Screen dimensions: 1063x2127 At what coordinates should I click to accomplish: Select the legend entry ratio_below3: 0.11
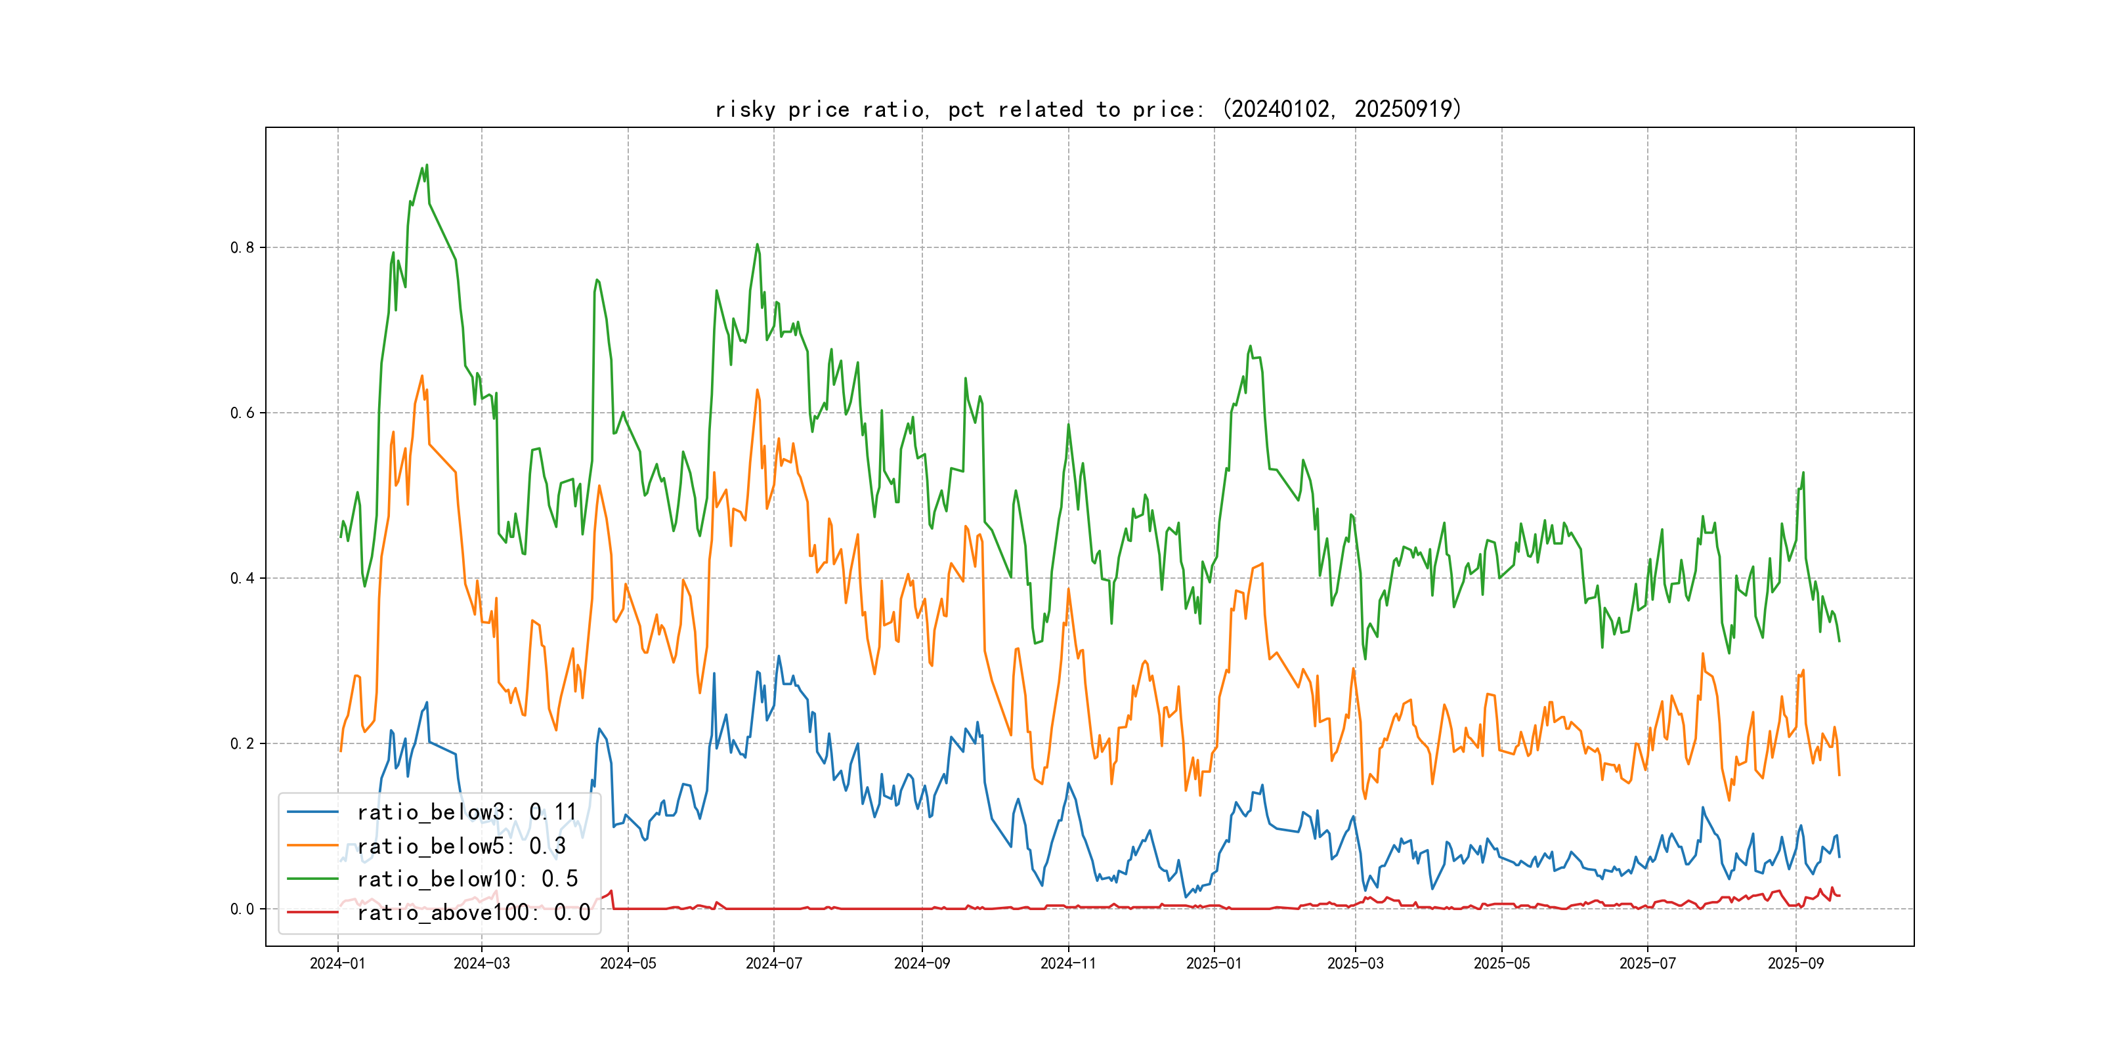tap(467, 812)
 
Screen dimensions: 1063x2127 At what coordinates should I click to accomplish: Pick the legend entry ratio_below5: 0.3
tap(461, 846)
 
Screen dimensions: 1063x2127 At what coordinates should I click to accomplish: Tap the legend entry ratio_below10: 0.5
tap(467, 879)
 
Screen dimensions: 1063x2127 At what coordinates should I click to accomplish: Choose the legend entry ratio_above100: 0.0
tap(473, 912)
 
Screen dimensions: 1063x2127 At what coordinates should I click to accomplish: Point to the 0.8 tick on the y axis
tap(242, 247)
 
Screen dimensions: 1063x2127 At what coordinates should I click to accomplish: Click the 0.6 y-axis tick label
tap(242, 413)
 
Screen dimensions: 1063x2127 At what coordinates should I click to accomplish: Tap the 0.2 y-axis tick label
tap(242, 743)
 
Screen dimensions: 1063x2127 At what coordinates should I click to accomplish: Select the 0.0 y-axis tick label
tap(242, 909)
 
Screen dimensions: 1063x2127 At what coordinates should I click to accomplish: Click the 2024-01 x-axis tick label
tap(337, 963)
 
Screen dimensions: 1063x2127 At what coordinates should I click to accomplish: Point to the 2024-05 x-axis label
tap(628, 963)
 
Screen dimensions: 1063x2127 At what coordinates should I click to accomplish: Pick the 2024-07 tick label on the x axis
tap(774, 963)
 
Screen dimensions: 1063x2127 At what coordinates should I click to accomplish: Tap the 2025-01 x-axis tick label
tap(1214, 963)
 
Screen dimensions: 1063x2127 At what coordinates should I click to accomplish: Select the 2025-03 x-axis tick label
tap(1355, 963)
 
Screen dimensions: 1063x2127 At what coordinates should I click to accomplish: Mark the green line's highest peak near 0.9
tap(426, 165)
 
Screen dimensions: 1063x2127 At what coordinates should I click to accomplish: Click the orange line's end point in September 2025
tap(1839, 774)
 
